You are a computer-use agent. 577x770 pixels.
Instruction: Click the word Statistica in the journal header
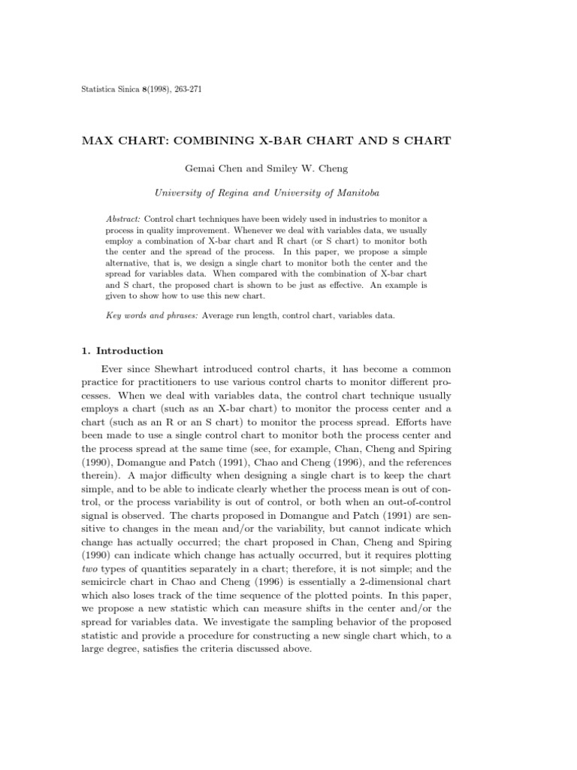click(x=97, y=90)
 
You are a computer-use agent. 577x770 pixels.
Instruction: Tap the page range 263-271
click(x=185, y=90)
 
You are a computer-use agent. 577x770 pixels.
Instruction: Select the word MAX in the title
click(x=98, y=140)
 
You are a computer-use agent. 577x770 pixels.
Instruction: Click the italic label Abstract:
click(x=123, y=218)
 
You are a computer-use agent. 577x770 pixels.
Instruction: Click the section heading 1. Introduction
click(x=122, y=351)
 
